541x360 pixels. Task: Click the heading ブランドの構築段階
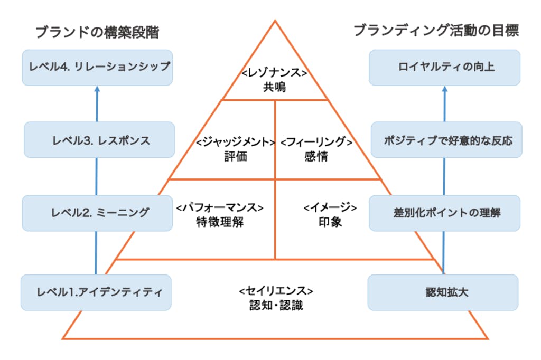pyautogui.click(x=97, y=33)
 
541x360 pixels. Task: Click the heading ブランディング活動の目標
pyautogui.click(x=436, y=31)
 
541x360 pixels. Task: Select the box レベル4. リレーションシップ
pyautogui.click(x=97, y=67)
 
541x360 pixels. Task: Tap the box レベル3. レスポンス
pyautogui.click(x=99, y=140)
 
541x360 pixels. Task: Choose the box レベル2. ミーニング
pyautogui.click(x=97, y=213)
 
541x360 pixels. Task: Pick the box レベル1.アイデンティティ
pyautogui.click(x=96, y=292)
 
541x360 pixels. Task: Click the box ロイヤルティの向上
pyautogui.click(x=444, y=67)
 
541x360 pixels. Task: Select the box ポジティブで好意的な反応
pyautogui.click(x=446, y=140)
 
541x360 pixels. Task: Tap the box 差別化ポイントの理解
pyautogui.click(x=444, y=213)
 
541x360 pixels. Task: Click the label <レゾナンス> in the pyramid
pyautogui.click(x=275, y=73)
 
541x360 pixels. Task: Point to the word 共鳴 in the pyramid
pyautogui.click(x=275, y=87)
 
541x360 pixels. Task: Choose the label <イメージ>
pyautogui.click(x=330, y=207)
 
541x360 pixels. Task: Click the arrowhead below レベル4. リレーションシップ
pyautogui.click(x=97, y=90)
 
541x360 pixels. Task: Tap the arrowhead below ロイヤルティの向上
pyautogui.click(x=444, y=90)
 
